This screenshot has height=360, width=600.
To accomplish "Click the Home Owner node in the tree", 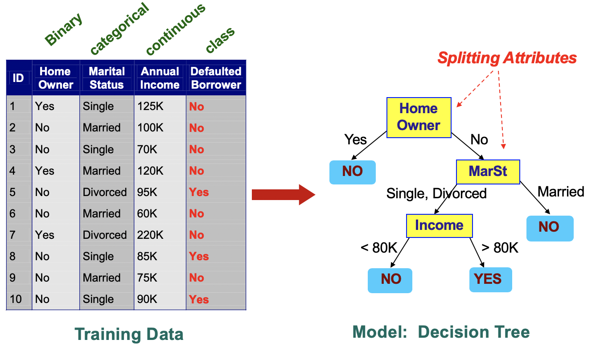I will click(x=419, y=117).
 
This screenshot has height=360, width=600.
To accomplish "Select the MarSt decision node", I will click(x=488, y=172).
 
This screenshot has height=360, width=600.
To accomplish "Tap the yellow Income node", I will click(x=439, y=225).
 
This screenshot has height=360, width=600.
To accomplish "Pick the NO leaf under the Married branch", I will click(x=549, y=228).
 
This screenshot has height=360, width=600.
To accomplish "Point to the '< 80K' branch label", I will click(x=379, y=248).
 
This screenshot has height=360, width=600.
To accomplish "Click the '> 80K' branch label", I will click(x=500, y=248).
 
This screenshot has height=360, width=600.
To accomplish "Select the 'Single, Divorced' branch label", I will click(x=436, y=193).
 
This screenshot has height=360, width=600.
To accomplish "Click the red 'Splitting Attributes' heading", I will click(x=507, y=58).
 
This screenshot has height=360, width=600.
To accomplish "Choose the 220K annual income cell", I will click(x=150, y=235).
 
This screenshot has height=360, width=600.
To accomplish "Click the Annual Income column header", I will click(x=160, y=78).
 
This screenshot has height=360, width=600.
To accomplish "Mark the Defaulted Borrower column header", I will click(x=216, y=78).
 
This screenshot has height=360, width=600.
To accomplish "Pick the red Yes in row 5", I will click(x=199, y=192).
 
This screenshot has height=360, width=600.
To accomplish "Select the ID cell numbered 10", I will click(x=16, y=299).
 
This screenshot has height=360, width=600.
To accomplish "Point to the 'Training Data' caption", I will click(x=129, y=334).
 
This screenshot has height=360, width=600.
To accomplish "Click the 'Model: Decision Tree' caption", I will click(x=441, y=332).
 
